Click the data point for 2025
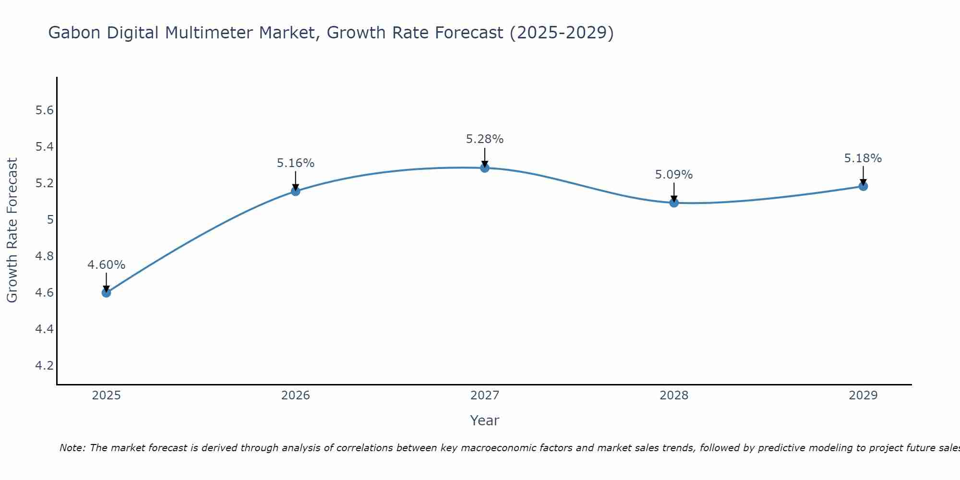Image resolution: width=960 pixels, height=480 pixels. pyautogui.click(x=106, y=292)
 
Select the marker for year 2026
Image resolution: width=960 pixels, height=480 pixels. pyautogui.click(x=295, y=191)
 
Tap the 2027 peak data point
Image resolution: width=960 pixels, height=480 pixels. pyautogui.click(x=484, y=168)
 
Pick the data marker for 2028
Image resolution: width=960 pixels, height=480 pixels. pyautogui.click(x=673, y=203)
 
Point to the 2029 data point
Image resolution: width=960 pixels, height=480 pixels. pyautogui.click(x=863, y=186)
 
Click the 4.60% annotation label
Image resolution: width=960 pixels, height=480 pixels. pyautogui.click(x=106, y=265)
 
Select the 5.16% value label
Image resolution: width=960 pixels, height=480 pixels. pyautogui.click(x=295, y=163)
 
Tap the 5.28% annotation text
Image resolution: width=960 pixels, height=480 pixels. pyautogui.click(x=484, y=139)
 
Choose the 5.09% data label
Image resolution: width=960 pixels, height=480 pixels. pyautogui.click(x=673, y=175)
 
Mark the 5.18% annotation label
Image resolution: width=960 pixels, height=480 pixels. pyautogui.click(x=863, y=158)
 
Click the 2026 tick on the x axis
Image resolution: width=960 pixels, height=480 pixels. pyautogui.click(x=295, y=396)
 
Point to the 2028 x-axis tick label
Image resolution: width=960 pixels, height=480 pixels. pyautogui.click(x=673, y=396)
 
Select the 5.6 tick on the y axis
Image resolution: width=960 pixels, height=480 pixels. pyautogui.click(x=44, y=110)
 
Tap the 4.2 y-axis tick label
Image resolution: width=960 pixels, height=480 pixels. pyautogui.click(x=44, y=366)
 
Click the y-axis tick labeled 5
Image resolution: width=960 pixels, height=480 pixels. pyautogui.click(x=49, y=220)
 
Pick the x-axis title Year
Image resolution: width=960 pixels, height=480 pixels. pyautogui.click(x=484, y=420)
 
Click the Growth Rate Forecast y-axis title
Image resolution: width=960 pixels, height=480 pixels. pyautogui.click(x=12, y=230)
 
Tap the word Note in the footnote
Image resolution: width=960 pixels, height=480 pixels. pyautogui.click(x=72, y=448)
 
